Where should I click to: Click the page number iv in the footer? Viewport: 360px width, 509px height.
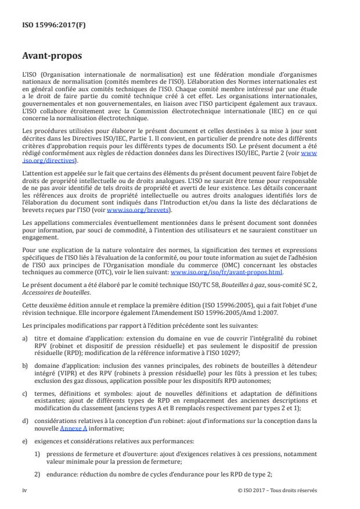(25, 490)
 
